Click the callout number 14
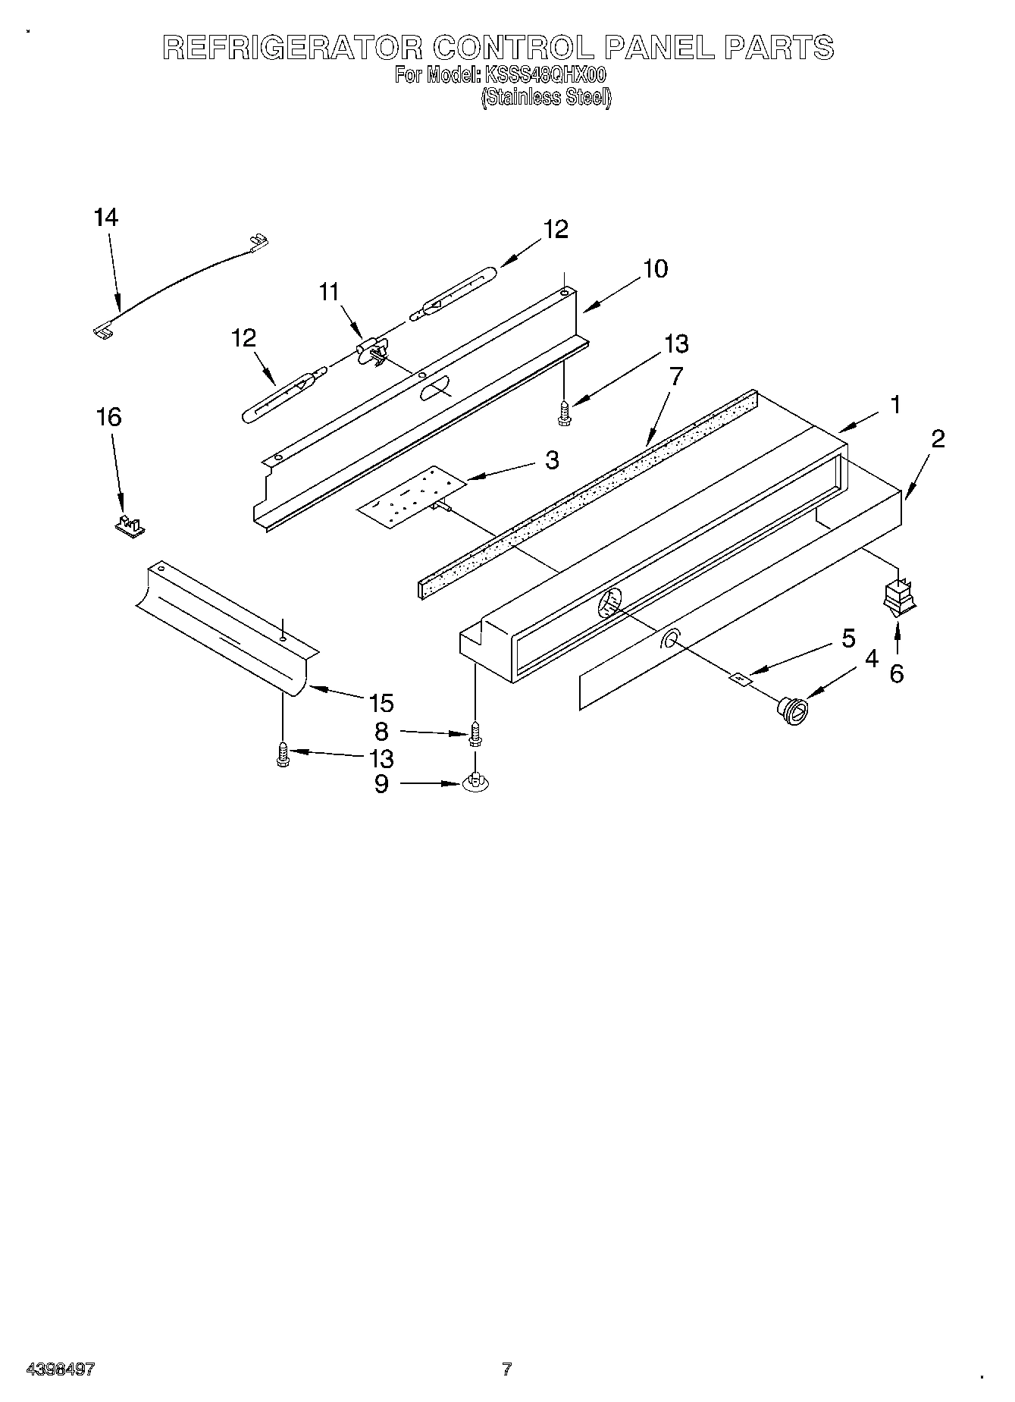(106, 218)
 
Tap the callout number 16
(110, 416)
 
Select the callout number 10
(656, 268)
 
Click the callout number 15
(381, 704)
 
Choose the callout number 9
(381, 783)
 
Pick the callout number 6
(897, 673)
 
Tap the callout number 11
(329, 292)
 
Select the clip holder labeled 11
(372, 351)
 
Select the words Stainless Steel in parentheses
(546, 97)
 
